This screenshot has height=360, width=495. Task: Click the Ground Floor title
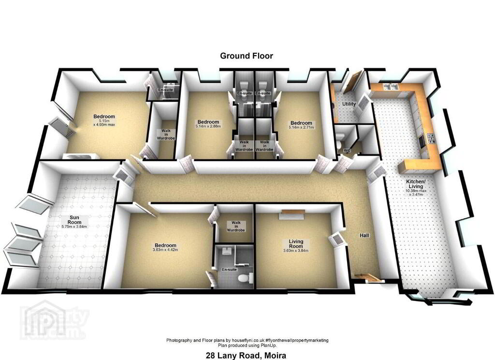click(x=246, y=56)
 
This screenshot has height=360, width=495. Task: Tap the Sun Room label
click(x=74, y=220)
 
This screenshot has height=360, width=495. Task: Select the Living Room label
click(x=296, y=244)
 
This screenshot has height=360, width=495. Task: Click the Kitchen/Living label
click(x=415, y=184)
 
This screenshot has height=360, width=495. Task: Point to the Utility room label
click(x=349, y=104)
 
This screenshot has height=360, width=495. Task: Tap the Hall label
click(x=364, y=236)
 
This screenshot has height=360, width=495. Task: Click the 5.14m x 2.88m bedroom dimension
click(x=208, y=126)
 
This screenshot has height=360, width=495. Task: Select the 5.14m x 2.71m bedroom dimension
click(x=301, y=127)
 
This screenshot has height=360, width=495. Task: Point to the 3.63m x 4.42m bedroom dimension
click(x=165, y=250)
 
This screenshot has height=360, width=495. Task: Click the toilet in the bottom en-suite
click(x=245, y=278)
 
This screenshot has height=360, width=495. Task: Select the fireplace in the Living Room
click(x=291, y=214)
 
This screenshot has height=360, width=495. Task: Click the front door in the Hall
click(x=367, y=278)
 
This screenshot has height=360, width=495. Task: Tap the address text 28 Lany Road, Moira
click(x=246, y=355)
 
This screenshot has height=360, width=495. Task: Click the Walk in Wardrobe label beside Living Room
click(x=236, y=226)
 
